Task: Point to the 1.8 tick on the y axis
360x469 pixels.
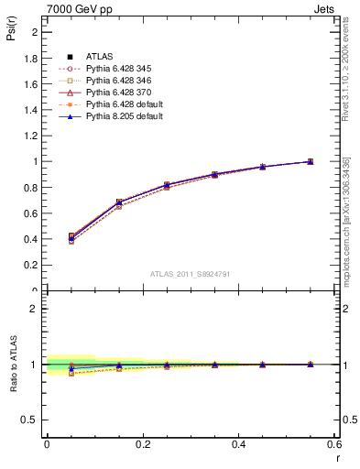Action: (32, 58)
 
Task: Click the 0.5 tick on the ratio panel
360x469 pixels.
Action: (32, 420)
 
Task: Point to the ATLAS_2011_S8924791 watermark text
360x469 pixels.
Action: (191, 274)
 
